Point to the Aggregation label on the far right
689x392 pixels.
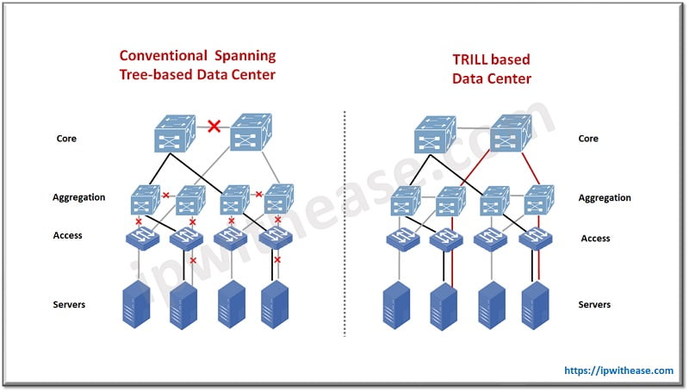[x=605, y=197]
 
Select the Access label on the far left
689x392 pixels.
[x=69, y=234]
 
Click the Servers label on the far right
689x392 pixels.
[x=593, y=305]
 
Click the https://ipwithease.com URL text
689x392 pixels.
[x=618, y=370]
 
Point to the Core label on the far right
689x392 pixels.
[x=588, y=139]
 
